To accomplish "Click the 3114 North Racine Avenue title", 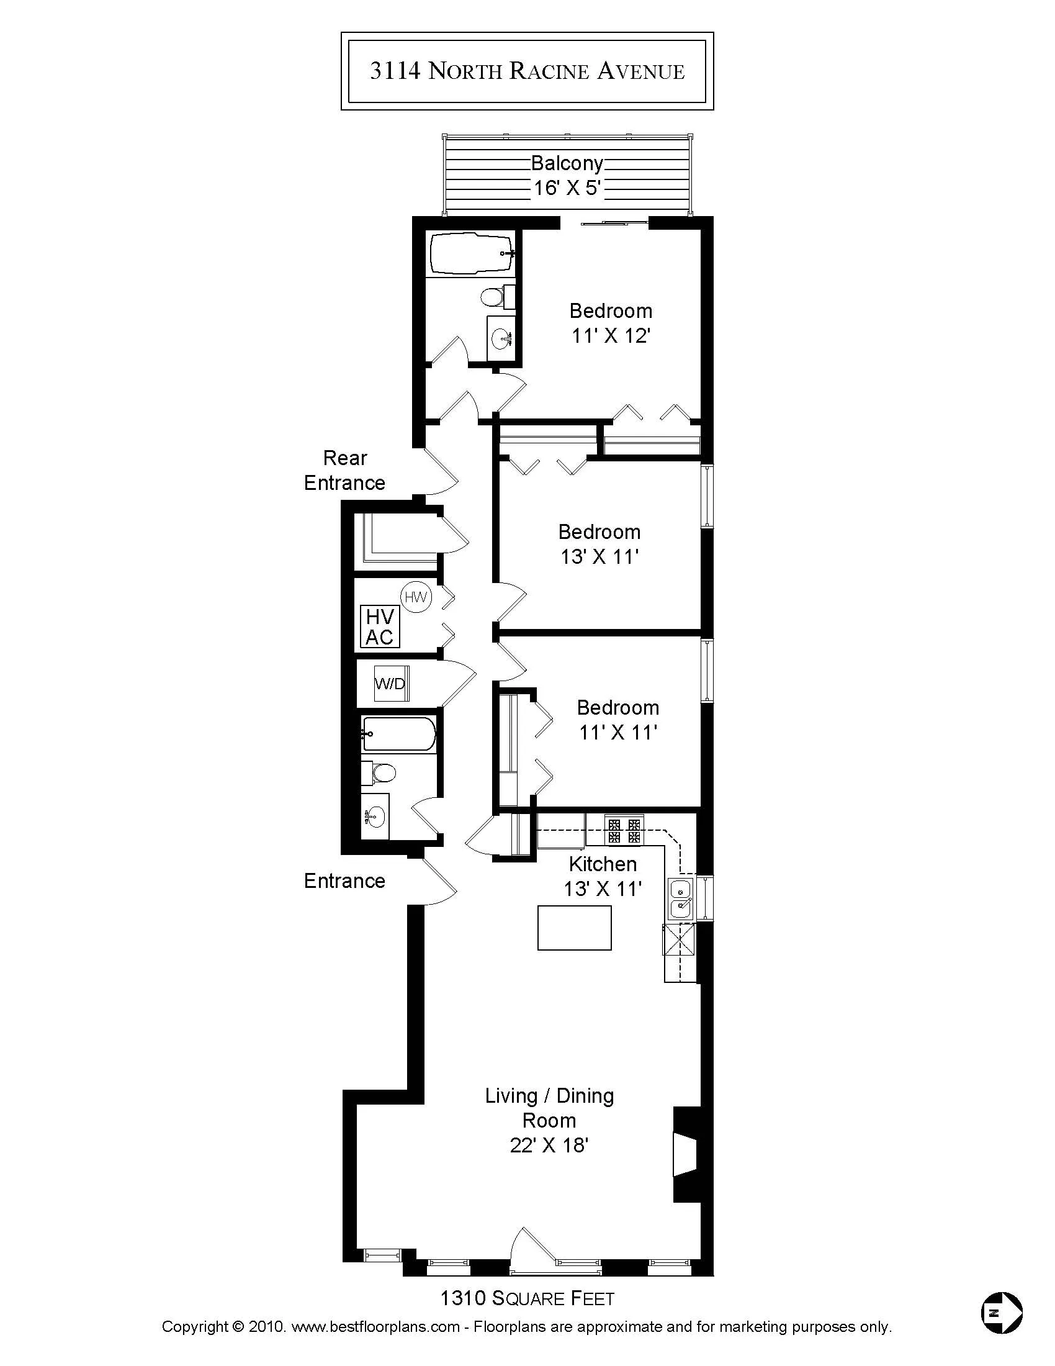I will coord(527,71).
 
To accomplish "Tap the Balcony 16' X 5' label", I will coord(567,175).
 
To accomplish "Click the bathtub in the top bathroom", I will coord(472,253).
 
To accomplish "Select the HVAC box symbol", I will coord(380,626).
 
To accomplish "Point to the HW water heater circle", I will coord(416,597).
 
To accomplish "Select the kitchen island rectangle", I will coord(575,928).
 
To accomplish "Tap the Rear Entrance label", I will coord(344,471).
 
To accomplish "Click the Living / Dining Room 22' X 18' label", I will coord(549,1120).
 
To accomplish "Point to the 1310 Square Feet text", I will coord(527,1298).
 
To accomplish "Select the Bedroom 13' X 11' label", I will coord(599,544).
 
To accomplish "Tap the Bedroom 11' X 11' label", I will coord(617,719).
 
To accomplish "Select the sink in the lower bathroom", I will coord(375,816).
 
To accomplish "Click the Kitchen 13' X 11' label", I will coord(603,876).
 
